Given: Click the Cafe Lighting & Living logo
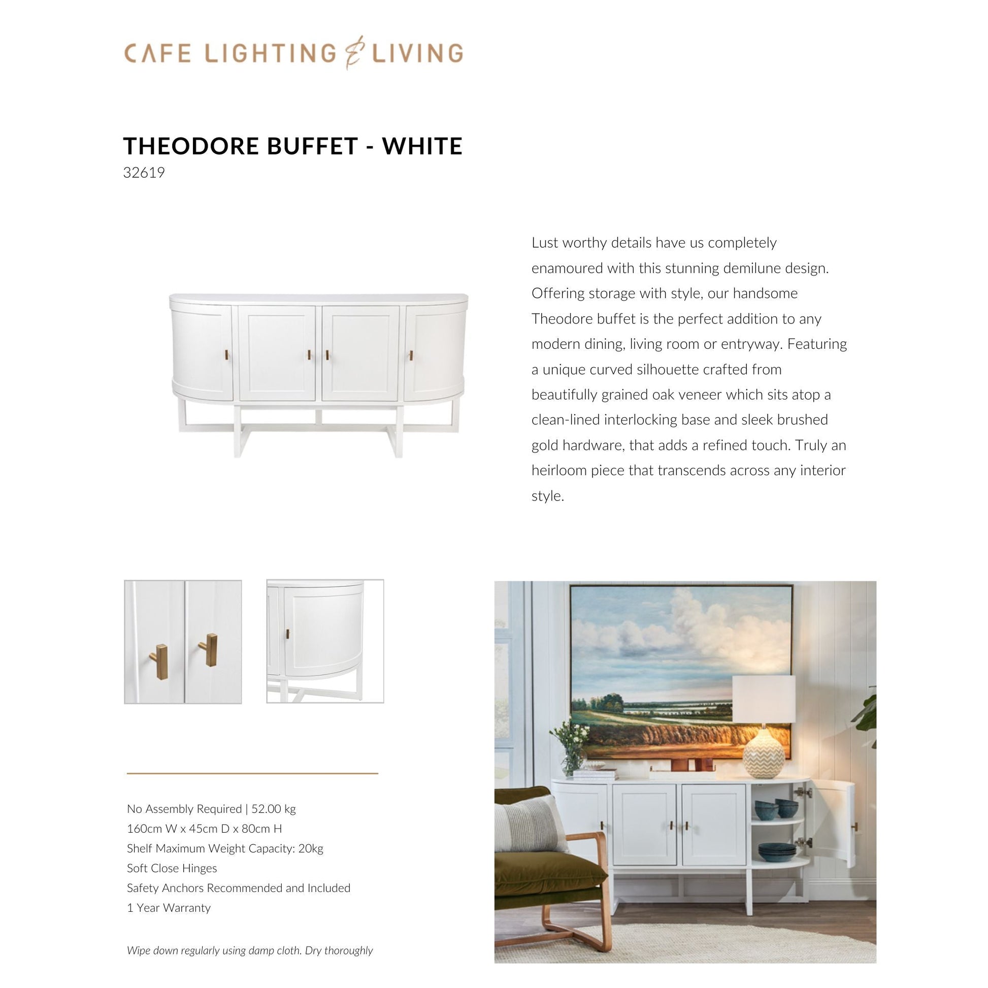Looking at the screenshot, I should pyautogui.click(x=293, y=53).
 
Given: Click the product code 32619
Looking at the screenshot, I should pyautogui.click(x=144, y=173).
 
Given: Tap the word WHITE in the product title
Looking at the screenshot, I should pyautogui.click(x=422, y=146).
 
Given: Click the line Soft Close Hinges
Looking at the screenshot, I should pyautogui.click(x=172, y=868).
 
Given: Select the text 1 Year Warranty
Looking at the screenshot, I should pyautogui.click(x=169, y=908).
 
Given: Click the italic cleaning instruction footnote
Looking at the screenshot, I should pyautogui.click(x=250, y=950).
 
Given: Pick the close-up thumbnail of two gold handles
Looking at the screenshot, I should pyautogui.click(x=183, y=641).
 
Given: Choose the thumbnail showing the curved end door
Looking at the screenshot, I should pyautogui.click(x=325, y=641).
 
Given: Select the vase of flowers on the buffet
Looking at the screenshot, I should pyautogui.click(x=572, y=747).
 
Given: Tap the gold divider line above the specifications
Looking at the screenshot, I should pyautogui.click(x=252, y=774).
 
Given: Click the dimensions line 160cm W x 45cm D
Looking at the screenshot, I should pyautogui.click(x=204, y=829).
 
